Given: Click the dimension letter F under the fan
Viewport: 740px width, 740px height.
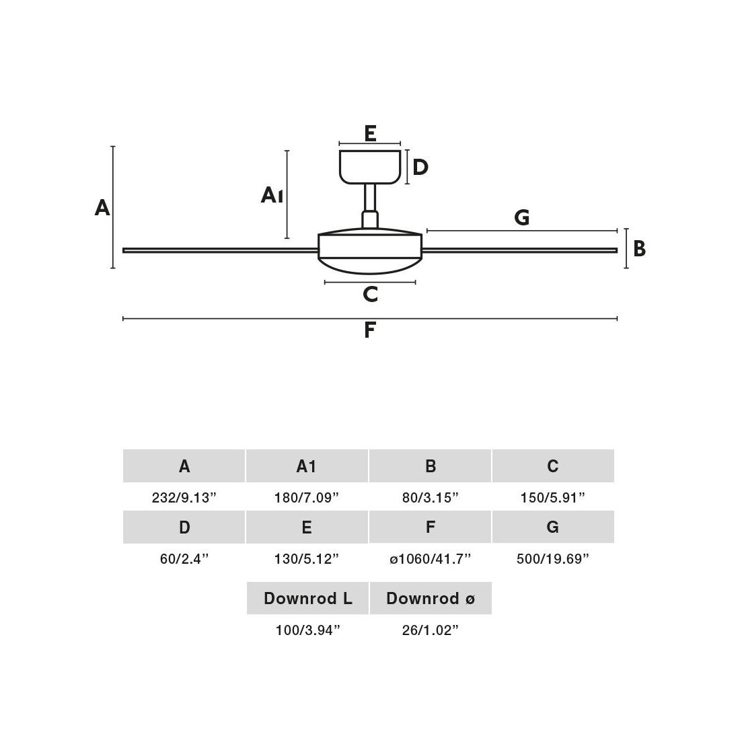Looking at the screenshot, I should pyautogui.click(x=369, y=330).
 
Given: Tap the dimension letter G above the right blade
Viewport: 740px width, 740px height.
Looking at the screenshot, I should pyautogui.click(x=521, y=217).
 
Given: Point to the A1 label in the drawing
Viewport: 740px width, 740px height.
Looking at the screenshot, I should pyautogui.click(x=272, y=196).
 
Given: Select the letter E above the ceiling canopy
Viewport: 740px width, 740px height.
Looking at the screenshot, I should pyautogui.click(x=370, y=133).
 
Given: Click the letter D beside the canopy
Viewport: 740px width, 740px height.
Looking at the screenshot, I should pyautogui.click(x=420, y=167).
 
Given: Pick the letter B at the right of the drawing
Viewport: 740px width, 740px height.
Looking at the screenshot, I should pyautogui.click(x=639, y=249).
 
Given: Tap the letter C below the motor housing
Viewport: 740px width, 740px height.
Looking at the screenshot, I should pyautogui.click(x=370, y=294).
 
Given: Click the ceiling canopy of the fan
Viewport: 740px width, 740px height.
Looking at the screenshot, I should pyautogui.click(x=370, y=166).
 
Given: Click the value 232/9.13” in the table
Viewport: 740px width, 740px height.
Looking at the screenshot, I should pyautogui.click(x=184, y=498).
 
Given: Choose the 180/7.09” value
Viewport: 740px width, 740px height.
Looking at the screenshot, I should pyautogui.click(x=307, y=498).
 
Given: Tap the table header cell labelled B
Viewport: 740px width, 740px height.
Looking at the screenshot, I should pyautogui.click(x=431, y=466).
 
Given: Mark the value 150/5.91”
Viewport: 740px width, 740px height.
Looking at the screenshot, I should pyautogui.click(x=553, y=498).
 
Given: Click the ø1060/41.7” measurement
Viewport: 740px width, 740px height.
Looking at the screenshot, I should pyautogui.click(x=431, y=558).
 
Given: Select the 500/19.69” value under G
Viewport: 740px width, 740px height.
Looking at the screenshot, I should pyautogui.click(x=553, y=558).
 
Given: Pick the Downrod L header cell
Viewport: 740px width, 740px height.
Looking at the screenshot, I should pyautogui.click(x=307, y=598).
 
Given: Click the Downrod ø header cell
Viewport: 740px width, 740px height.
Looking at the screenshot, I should pyautogui.click(x=431, y=598).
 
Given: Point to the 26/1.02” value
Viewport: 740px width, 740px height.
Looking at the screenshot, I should pyautogui.click(x=431, y=630).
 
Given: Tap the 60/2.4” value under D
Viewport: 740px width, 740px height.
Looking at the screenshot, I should pyautogui.click(x=184, y=558).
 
